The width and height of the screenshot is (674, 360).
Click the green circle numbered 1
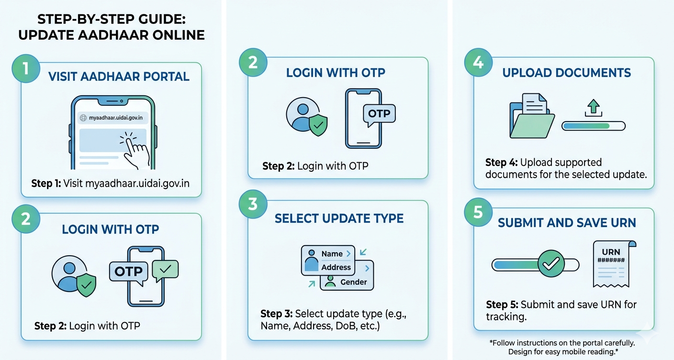(26, 68)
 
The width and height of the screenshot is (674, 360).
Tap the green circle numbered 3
(253, 204)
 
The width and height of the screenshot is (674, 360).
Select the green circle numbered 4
(478, 62)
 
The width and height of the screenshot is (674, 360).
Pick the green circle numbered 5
(478, 212)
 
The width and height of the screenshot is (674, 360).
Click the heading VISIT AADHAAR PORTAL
(119, 77)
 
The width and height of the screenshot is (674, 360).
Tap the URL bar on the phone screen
(113, 118)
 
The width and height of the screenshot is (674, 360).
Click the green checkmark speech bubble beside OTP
(165, 270)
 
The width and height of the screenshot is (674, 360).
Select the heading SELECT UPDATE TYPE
(339, 218)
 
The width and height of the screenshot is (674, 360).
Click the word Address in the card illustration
(336, 267)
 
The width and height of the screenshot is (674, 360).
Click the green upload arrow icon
(594, 108)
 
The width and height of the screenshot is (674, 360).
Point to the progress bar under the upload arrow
(594, 126)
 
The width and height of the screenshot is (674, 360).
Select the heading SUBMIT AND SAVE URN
(567, 223)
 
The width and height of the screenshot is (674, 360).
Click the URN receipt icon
(614, 264)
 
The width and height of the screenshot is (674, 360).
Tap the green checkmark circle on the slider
(551, 263)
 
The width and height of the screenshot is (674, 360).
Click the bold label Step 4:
(501, 163)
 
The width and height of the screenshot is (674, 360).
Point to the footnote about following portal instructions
(562, 347)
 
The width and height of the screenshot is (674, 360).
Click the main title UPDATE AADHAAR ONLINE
(112, 35)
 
